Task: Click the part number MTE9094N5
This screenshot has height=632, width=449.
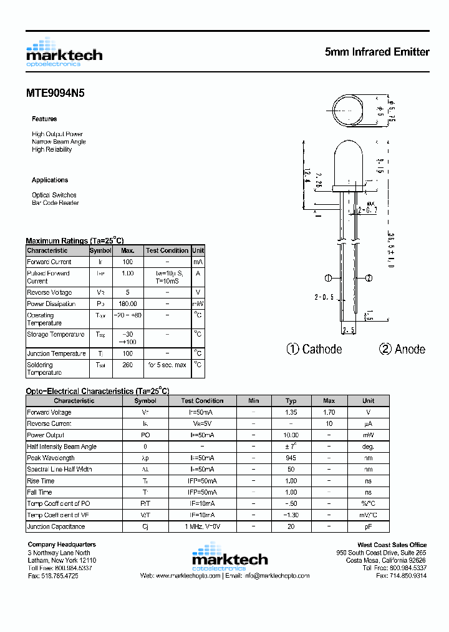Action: (x=55, y=93)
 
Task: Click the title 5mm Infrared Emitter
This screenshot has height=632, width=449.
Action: (x=377, y=52)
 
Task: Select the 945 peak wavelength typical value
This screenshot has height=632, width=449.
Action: (x=291, y=458)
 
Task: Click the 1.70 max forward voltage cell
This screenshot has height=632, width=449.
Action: (x=329, y=412)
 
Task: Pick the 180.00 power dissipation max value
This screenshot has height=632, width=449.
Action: (x=127, y=304)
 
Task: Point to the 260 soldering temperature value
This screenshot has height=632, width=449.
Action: (x=127, y=365)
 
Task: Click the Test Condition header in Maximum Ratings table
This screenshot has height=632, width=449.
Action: (x=167, y=250)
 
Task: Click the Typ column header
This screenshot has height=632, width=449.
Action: (x=291, y=401)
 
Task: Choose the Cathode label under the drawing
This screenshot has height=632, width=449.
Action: (x=314, y=349)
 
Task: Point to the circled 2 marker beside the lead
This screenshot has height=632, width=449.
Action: (x=369, y=279)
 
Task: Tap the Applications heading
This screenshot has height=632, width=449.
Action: (x=50, y=180)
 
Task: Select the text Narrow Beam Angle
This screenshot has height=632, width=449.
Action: (x=59, y=142)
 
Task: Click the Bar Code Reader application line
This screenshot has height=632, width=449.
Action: (x=56, y=203)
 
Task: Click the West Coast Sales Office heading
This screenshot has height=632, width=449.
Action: (x=392, y=545)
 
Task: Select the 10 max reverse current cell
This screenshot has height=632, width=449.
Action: (x=329, y=423)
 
